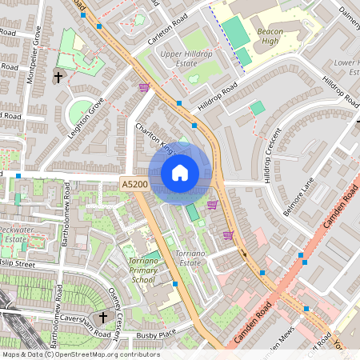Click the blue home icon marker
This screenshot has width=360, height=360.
click(180, 173)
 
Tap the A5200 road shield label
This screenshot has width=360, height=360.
click(134, 185)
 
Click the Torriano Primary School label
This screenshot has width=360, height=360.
click(142, 270)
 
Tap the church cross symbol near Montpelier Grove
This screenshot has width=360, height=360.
click(58, 78)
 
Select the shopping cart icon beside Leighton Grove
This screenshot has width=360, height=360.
click(144, 88)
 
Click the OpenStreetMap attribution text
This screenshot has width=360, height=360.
click(80, 354)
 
